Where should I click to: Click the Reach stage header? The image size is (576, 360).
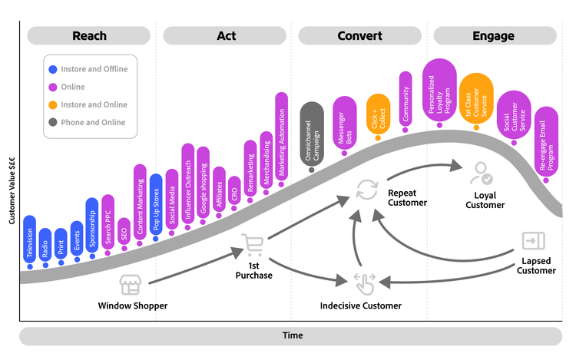coord(89,36)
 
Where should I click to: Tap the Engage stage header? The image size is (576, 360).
coord(495,36)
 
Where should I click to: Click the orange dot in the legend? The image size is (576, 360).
coord(53,104)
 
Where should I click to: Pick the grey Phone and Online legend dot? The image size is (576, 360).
coord(53,122)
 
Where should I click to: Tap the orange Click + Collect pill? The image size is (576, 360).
coord(378,114)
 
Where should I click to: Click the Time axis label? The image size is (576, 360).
coord(292,335)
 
